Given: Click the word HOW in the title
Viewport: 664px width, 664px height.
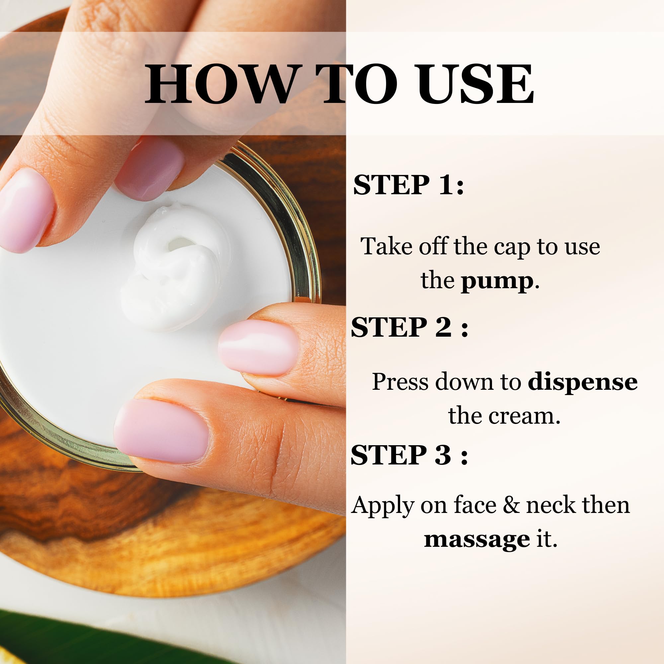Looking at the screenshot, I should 220,84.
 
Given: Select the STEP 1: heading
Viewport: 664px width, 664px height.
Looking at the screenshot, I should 408,185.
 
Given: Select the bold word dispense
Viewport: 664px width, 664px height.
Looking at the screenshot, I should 583,382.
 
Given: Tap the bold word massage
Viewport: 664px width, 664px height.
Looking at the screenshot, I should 477,539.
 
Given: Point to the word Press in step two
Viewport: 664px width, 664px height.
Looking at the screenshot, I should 400,382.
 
